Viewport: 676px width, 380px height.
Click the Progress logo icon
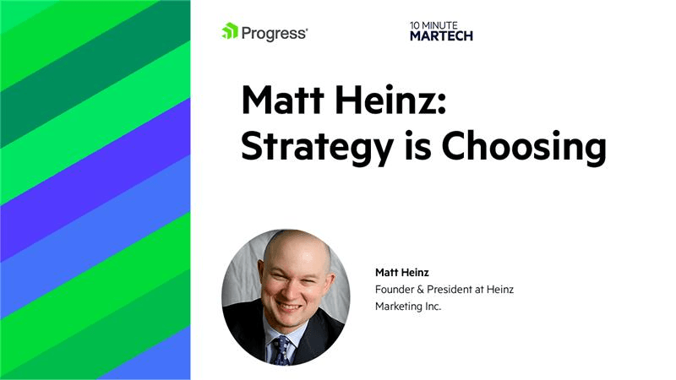(x=229, y=32)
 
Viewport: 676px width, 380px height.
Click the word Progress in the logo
(x=275, y=33)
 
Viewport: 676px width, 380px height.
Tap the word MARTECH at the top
(x=441, y=36)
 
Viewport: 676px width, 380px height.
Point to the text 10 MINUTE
(x=433, y=25)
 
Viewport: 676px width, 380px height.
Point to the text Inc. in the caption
(x=433, y=307)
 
